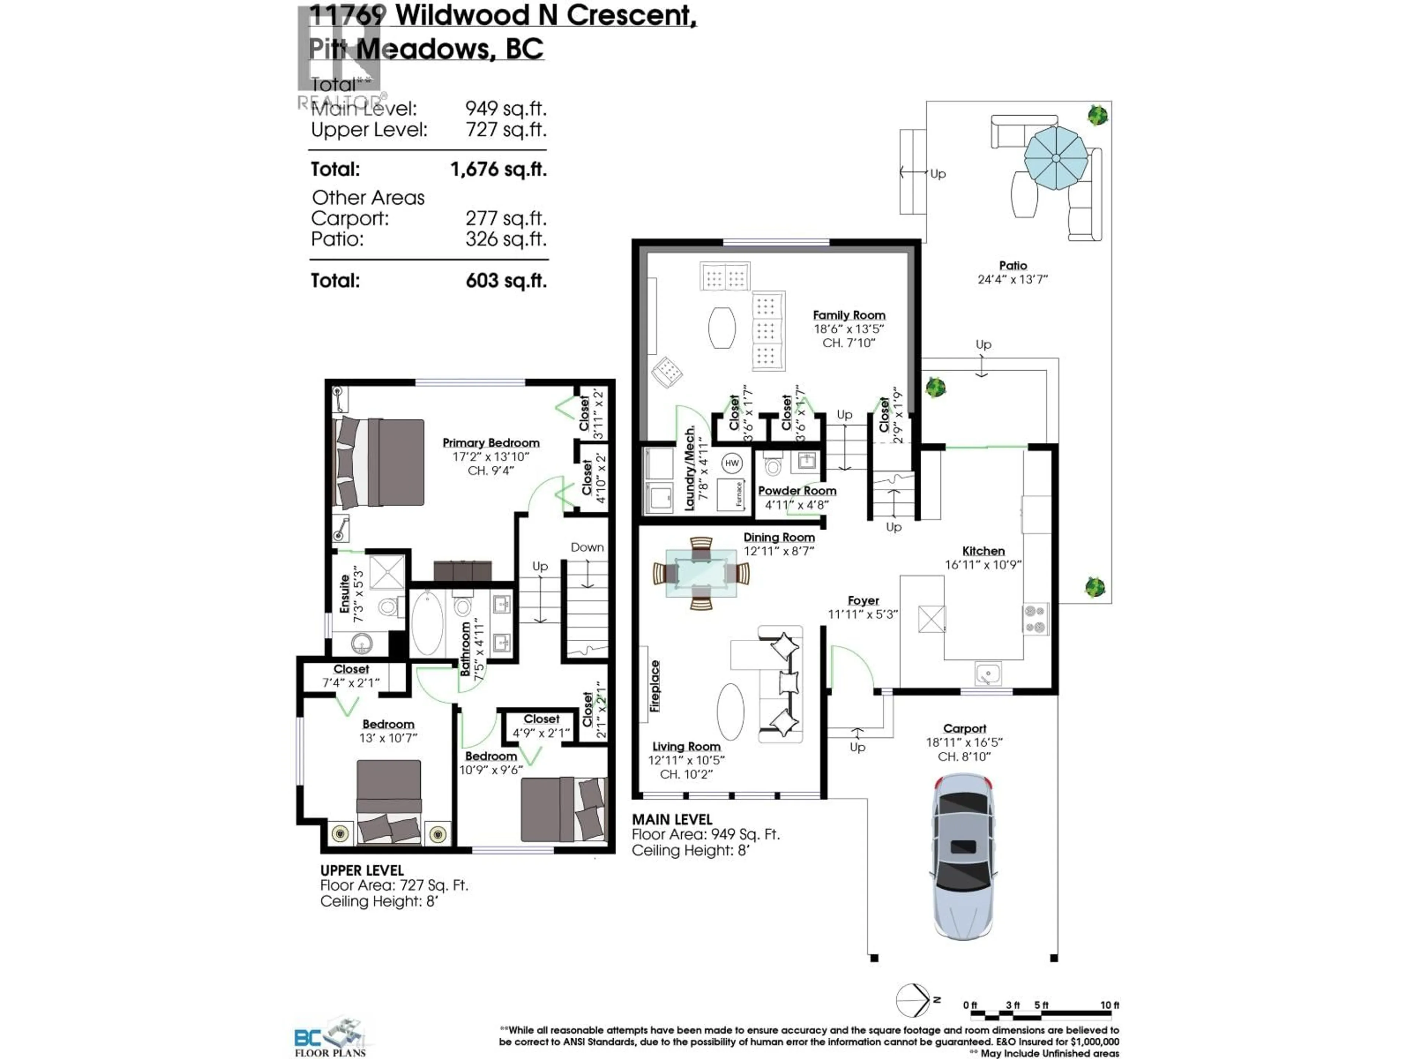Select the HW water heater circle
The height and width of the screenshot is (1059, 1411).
tap(732, 463)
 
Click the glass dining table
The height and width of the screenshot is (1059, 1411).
tap(701, 573)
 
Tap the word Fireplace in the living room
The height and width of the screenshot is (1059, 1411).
tap(655, 686)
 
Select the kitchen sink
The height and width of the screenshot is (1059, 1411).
tap(987, 673)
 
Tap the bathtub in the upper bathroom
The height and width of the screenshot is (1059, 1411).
tap(427, 623)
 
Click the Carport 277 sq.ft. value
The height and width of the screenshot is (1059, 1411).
tap(506, 218)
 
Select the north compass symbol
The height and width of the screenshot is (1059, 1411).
tap(913, 1000)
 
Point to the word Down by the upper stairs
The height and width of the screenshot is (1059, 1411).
tap(587, 547)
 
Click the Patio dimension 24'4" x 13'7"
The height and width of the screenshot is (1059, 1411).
tap(1012, 279)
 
